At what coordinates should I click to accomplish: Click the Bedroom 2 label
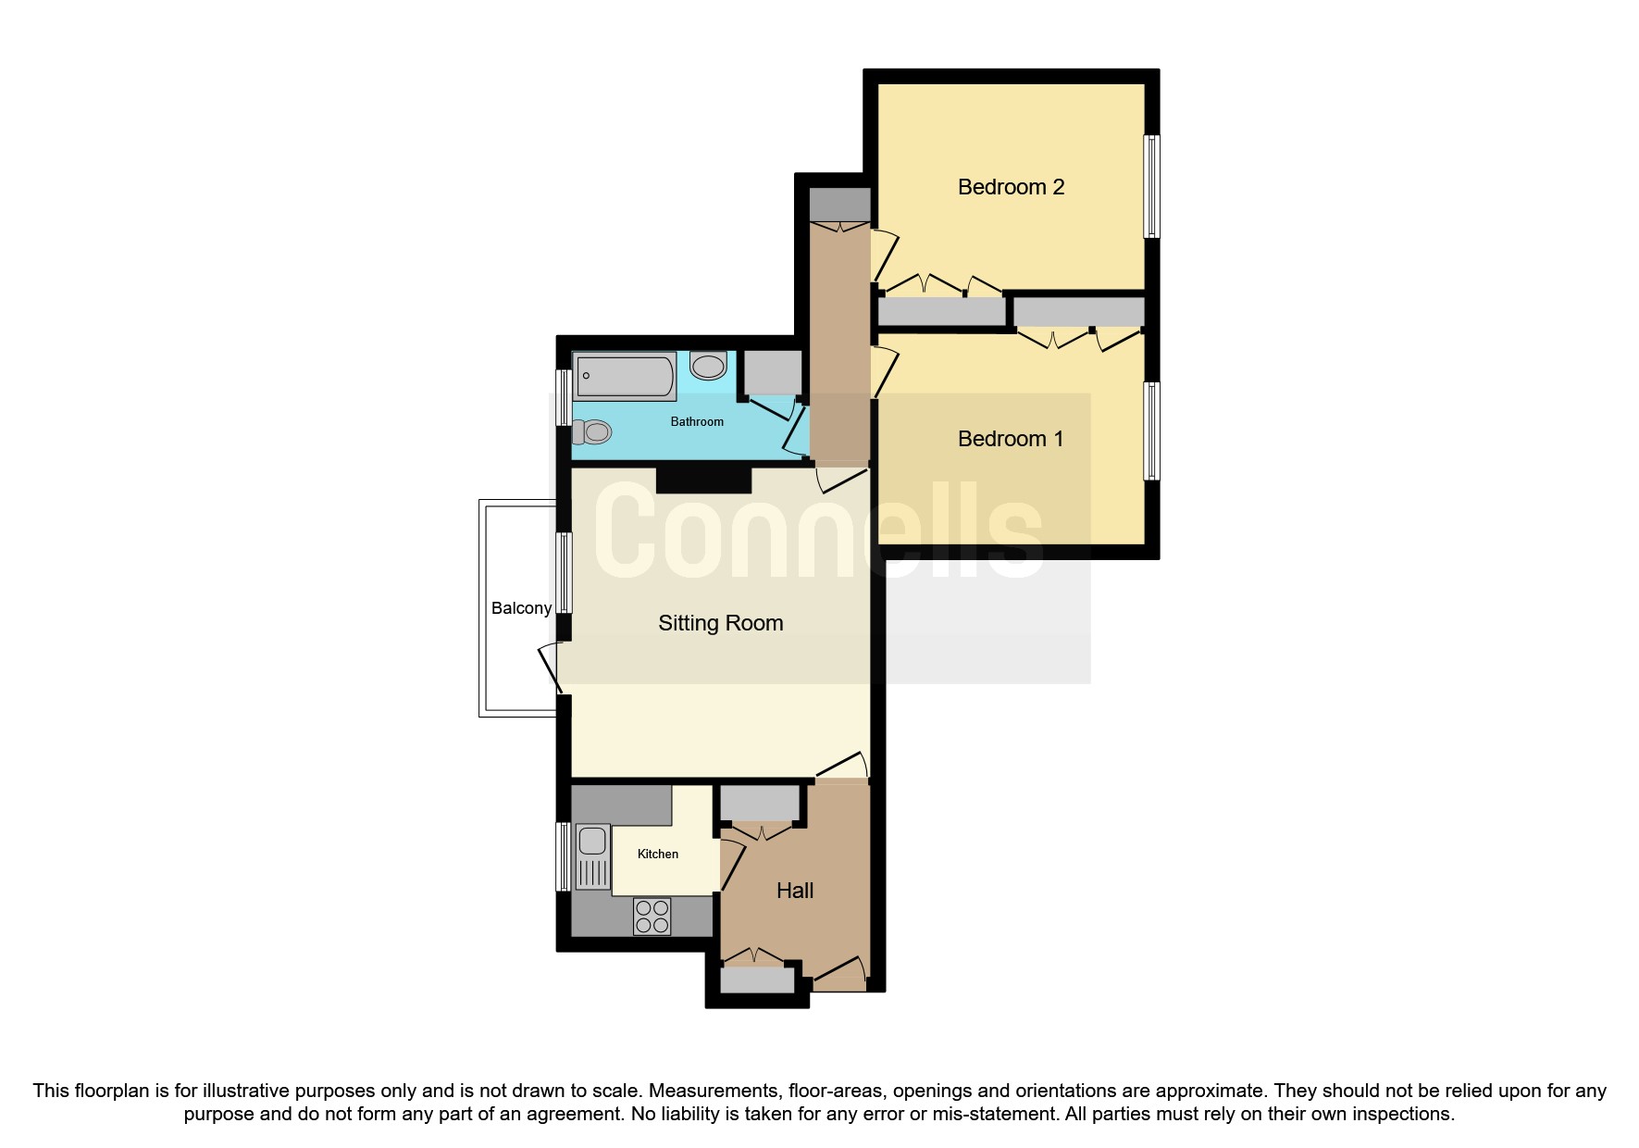click(x=1011, y=187)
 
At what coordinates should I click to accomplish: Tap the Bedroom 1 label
click(x=1011, y=439)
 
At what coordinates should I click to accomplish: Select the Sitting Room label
click(x=720, y=623)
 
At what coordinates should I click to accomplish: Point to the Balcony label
click(x=521, y=608)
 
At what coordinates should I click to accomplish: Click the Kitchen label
click(x=658, y=854)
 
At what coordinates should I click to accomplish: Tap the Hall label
click(x=795, y=891)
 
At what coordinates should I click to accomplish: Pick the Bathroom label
click(x=697, y=421)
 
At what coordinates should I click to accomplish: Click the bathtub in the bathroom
click(x=625, y=377)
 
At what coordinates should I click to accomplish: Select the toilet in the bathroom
click(x=593, y=431)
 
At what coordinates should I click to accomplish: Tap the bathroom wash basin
click(x=708, y=366)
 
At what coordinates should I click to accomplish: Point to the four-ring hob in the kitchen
click(x=652, y=917)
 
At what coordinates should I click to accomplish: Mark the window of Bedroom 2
click(x=1151, y=186)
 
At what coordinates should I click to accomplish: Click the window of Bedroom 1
click(x=1151, y=431)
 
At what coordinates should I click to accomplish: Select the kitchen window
click(x=563, y=856)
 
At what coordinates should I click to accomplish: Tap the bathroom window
click(x=563, y=398)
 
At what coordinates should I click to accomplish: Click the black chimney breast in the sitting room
click(x=703, y=480)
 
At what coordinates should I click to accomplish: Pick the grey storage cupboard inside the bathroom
click(x=773, y=373)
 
